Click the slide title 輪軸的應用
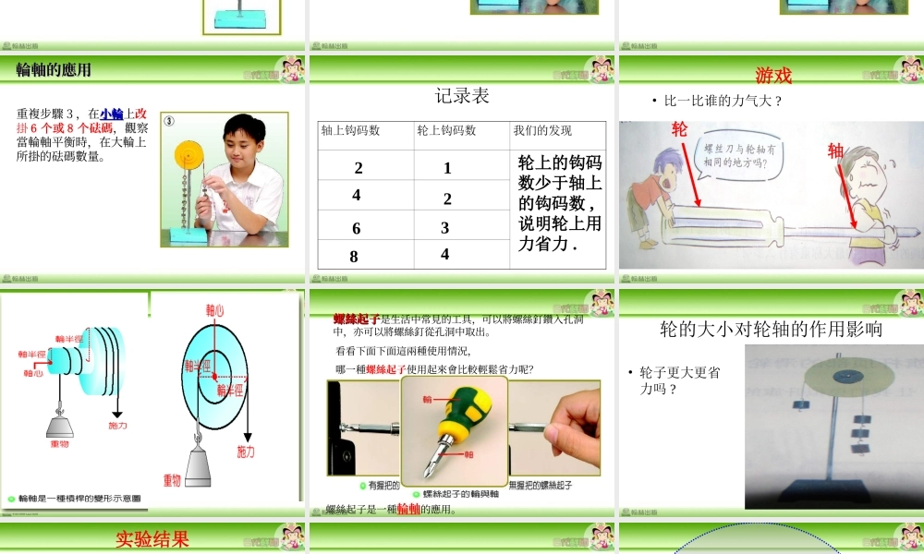(54, 70)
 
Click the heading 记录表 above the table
(462, 96)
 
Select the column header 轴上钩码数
(350, 131)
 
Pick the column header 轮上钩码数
(446, 131)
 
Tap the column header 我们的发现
(542, 131)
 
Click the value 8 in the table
(354, 257)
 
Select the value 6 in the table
(357, 229)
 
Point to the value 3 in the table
(445, 227)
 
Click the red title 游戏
(773, 76)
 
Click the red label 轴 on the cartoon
(835, 151)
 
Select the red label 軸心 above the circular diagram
(214, 311)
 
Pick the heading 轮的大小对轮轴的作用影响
(771, 329)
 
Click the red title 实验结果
(152, 538)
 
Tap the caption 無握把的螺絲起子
(541, 485)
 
